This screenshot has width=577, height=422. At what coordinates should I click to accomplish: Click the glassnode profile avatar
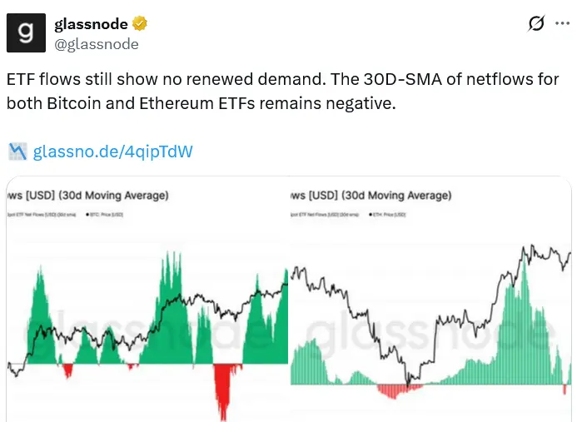27,33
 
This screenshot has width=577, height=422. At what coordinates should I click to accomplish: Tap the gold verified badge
139,24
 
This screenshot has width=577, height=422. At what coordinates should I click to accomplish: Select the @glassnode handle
96,44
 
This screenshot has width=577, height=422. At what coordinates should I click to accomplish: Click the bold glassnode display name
90,24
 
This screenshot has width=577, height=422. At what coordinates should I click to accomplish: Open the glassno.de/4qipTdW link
113,151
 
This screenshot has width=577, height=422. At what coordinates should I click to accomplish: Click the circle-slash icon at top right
537,24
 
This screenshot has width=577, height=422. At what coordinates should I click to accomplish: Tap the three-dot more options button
562,24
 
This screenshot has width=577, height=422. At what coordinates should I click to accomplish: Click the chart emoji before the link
17,151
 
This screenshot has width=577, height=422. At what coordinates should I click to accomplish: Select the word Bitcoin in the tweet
72,104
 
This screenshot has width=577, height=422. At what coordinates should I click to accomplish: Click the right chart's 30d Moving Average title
372,196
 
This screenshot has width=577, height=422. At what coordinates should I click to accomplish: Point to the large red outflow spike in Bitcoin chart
222,391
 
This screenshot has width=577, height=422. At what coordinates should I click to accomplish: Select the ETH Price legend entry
387,215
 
